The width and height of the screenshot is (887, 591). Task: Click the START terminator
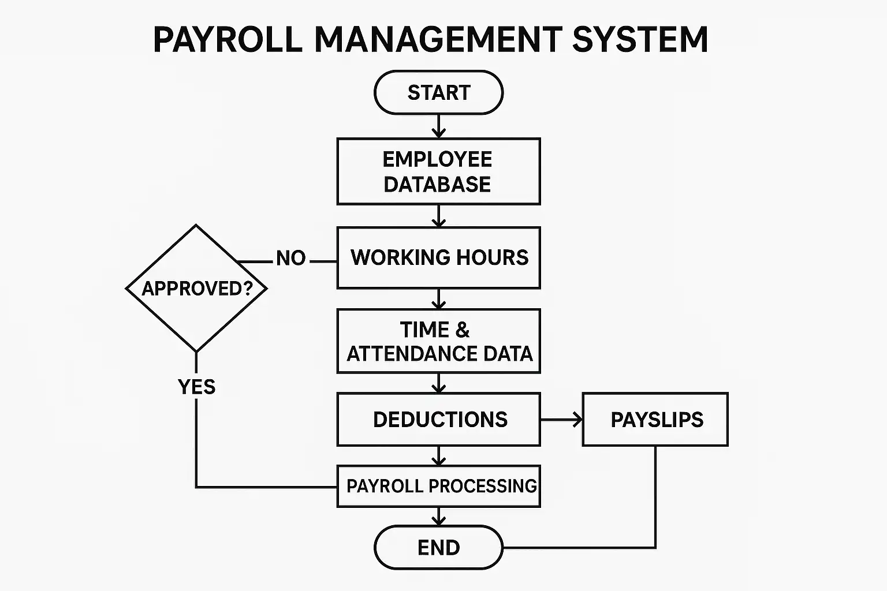point(438,92)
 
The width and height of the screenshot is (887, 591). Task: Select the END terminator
point(438,547)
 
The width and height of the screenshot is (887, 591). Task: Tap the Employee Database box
point(438,171)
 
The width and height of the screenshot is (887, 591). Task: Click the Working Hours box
point(438,257)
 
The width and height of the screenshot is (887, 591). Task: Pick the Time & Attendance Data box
point(438,341)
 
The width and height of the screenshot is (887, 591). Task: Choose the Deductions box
point(438,420)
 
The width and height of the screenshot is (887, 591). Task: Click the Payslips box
point(655,420)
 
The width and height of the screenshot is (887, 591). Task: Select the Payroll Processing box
point(438,486)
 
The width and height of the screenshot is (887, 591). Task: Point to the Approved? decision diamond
point(196,288)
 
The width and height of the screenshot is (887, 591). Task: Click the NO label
point(290,258)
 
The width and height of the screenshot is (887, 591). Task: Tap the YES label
point(196,387)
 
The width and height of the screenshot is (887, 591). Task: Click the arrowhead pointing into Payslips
point(577,420)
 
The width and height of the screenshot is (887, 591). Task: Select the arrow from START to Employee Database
point(439,126)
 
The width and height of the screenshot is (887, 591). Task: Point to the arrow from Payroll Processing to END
point(439,517)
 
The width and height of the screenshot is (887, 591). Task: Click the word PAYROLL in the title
point(228,39)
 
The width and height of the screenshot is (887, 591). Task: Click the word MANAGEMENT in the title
point(438,39)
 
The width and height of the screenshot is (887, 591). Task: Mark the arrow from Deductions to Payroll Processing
point(439,456)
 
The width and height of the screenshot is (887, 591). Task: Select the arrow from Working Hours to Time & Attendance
point(439,299)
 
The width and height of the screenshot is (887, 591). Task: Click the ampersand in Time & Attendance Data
point(462,330)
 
